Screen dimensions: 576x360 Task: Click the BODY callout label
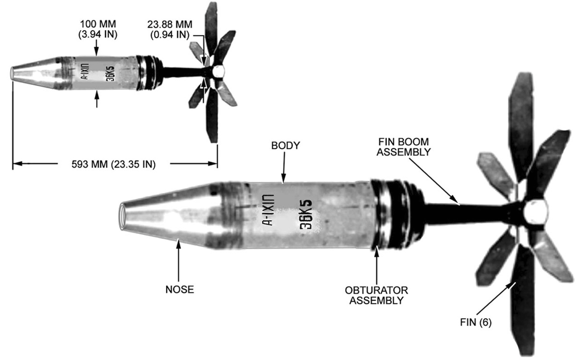286,146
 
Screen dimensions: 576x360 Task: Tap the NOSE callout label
180,289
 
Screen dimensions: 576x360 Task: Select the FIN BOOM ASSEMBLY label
404,147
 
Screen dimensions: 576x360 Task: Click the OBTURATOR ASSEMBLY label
376,295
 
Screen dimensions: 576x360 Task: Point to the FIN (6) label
476,322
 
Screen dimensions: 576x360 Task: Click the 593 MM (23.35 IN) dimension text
113,164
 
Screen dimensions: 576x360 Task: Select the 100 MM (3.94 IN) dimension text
98,29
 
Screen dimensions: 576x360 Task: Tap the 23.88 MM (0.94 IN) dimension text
170,29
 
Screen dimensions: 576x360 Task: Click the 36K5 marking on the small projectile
111,73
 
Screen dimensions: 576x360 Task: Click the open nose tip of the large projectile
122,216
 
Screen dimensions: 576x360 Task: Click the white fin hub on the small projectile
218,71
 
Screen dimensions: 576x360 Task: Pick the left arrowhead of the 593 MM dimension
17,164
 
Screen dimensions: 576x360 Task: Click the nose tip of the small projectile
12,73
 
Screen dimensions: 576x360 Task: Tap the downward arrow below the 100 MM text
96,48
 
